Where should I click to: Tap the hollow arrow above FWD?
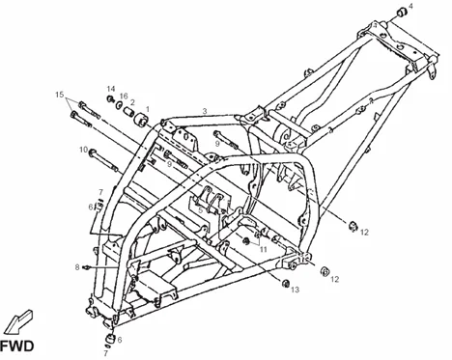(x=20, y=317)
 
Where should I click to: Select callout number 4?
(x=411, y=7)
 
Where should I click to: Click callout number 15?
(x=60, y=96)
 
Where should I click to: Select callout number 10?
(x=83, y=150)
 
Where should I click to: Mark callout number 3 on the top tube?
(x=205, y=111)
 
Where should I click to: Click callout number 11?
(x=262, y=248)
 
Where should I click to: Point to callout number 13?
(x=296, y=289)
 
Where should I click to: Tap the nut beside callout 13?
(x=285, y=283)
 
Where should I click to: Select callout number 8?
(x=77, y=266)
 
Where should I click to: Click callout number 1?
(x=147, y=109)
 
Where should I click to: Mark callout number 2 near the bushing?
(x=132, y=102)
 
